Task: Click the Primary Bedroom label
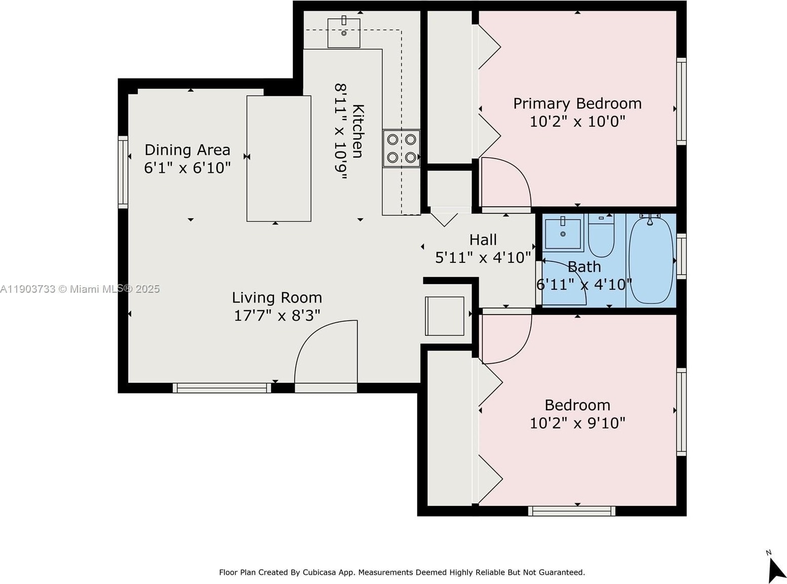577,104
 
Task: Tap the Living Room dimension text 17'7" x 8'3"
277,315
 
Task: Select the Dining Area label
187,150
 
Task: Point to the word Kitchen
359,131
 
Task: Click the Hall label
483,240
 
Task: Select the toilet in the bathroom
601,236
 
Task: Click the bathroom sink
563,233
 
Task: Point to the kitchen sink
343,32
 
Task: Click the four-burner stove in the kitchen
401,148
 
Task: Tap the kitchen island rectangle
279,159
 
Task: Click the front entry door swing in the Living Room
326,352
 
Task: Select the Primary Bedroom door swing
505,182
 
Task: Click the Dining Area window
123,172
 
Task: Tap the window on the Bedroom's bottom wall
572,511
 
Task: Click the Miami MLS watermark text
80,289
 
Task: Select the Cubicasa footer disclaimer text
402,572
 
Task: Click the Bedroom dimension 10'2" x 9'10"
577,423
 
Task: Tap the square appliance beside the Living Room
445,316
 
